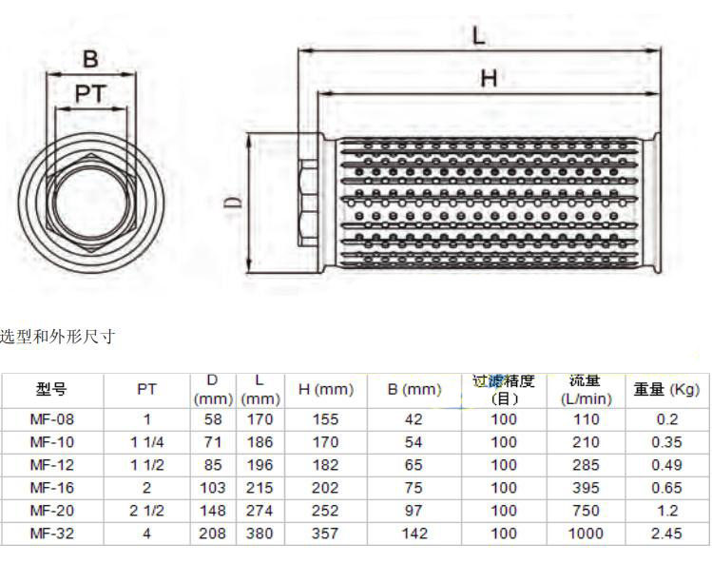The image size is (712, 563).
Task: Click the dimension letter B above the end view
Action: (x=91, y=59)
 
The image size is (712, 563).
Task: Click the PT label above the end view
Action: (x=91, y=94)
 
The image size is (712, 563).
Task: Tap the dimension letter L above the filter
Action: (x=478, y=35)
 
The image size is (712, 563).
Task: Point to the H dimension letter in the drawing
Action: (x=489, y=79)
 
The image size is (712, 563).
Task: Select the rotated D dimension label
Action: (x=234, y=202)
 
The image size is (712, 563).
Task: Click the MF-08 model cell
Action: (x=51, y=419)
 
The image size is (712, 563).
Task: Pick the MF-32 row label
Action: (x=51, y=533)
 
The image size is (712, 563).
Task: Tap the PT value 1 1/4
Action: (x=146, y=441)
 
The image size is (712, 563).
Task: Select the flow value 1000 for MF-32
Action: (x=586, y=533)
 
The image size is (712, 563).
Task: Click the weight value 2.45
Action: (x=666, y=533)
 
